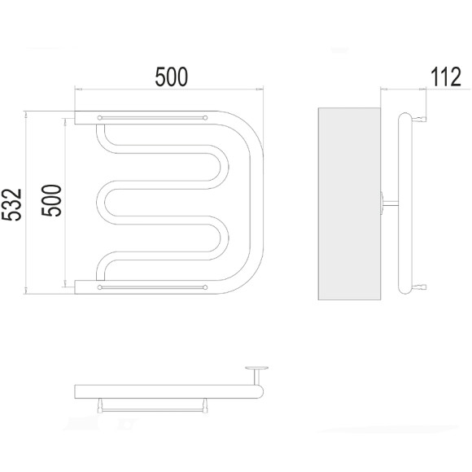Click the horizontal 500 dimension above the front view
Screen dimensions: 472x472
[x=171, y=76]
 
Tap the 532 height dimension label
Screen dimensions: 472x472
[x=11, y=205]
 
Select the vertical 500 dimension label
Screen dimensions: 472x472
[x=51, y=200]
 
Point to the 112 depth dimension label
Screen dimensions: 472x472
[x=446, y=76]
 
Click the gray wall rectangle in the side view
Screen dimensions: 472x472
[x=349, y=203]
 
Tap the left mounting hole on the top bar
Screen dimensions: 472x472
[x=99, y=118]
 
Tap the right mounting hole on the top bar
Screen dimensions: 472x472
[x=205, y=118]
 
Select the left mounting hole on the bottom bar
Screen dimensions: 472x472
[x=99, y=287]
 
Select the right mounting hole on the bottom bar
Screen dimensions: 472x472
[x=205, y=287]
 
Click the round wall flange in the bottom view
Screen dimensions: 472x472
[x=257, y=368]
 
